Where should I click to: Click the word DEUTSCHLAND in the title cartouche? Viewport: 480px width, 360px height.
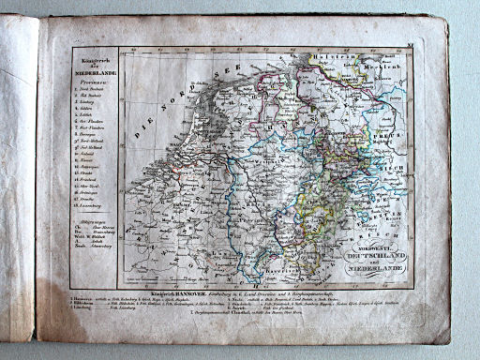pyautogui.click(x=374, y=255)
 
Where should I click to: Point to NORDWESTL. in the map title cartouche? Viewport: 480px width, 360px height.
pyautogui.click(x=374, y=246)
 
